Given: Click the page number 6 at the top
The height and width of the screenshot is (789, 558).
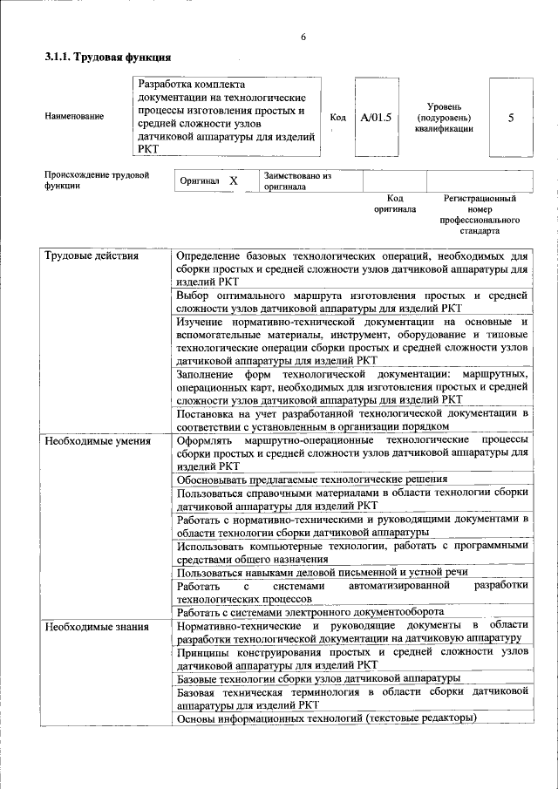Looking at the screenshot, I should coord(303,37).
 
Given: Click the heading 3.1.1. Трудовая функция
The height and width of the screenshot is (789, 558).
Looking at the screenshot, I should coord(107,58).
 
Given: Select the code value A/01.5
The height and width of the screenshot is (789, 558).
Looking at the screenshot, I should coord(377,117).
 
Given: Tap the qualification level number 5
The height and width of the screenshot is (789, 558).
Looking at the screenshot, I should coord(511,117).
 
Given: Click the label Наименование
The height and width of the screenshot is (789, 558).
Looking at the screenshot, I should coord(74,117).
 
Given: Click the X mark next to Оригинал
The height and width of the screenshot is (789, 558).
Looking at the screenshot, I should coord(234,180).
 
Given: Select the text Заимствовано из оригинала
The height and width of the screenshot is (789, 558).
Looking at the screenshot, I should coord(298,180).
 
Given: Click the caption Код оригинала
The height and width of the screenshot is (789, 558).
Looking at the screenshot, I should coord(395,204).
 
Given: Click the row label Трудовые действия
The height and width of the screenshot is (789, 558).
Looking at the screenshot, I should coord(91,256).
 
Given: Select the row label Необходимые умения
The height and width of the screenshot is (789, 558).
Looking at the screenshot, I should coord(98,441).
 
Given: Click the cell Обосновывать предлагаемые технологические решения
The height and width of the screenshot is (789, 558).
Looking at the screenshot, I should coord(312,479).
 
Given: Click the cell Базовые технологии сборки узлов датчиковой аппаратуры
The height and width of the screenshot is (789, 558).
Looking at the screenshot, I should coord(318,677).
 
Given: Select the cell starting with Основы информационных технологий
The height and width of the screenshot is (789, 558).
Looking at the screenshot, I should coord(327,718).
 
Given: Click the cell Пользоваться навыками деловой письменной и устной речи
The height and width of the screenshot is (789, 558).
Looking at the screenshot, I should coord(322,572).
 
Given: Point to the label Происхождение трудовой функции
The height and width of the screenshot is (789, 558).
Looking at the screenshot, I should coord(97,180).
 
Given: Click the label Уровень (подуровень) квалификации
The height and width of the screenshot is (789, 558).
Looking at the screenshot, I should coord(444,117).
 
